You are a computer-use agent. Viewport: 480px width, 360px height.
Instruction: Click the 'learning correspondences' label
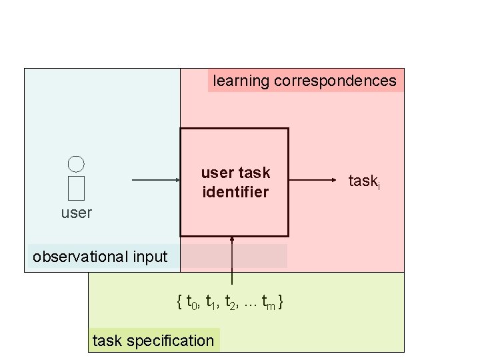click(x=305, y=81)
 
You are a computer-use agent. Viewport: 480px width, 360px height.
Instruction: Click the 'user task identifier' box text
click(x=235, y=182)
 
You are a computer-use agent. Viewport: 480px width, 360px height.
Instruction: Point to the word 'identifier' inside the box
click(x=235, y=192)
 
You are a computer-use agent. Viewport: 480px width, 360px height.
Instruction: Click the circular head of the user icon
click(x=76, y=163)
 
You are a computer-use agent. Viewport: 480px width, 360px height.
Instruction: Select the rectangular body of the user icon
click(x=76, y=188)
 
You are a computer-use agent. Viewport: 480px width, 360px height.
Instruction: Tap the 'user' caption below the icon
click(x=76, y=213)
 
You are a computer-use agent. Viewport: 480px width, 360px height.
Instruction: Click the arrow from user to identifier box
click(x=156, y=180)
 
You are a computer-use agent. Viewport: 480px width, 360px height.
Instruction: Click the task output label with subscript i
click(x=364, y=181)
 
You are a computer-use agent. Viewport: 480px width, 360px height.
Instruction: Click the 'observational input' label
click(x=101, y=257)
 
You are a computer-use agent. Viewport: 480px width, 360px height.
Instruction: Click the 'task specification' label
click(x=153, y=341)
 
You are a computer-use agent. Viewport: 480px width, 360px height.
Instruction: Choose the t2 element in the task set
click(x=231, y=303)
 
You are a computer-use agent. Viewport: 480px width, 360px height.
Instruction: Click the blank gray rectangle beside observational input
click(x=235, y=256)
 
